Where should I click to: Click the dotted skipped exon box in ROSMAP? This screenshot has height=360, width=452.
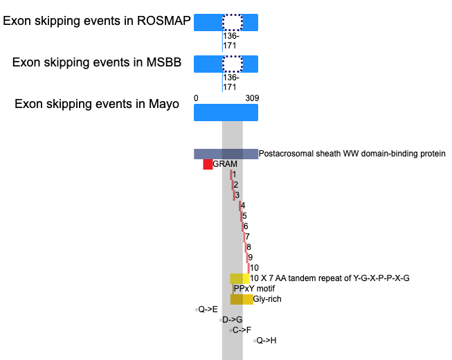233,22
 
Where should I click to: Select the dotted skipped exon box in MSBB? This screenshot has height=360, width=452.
233,64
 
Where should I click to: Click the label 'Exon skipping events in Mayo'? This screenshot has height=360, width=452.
97,104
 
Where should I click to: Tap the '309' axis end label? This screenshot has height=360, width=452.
252,98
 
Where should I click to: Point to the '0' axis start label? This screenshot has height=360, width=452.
196,98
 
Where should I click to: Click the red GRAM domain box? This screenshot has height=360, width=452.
208,164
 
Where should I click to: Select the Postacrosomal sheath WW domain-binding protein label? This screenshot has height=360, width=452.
352,154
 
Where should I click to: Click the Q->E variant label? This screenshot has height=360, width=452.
208,309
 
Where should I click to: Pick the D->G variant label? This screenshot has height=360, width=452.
233,320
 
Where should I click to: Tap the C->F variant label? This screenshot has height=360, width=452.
242,330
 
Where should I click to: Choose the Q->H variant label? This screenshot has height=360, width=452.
266,341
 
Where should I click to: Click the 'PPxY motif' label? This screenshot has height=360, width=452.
254,289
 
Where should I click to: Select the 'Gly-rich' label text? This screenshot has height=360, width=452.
267,299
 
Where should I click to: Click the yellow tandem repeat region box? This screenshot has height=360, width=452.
239,278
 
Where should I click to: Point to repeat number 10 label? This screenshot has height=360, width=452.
254,268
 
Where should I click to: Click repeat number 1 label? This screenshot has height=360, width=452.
234,174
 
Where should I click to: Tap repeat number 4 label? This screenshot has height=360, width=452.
243,206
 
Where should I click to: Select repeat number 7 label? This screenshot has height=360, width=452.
247,237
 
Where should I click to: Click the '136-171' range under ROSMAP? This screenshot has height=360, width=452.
231,41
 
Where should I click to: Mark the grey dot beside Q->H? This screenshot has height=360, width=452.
255,341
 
